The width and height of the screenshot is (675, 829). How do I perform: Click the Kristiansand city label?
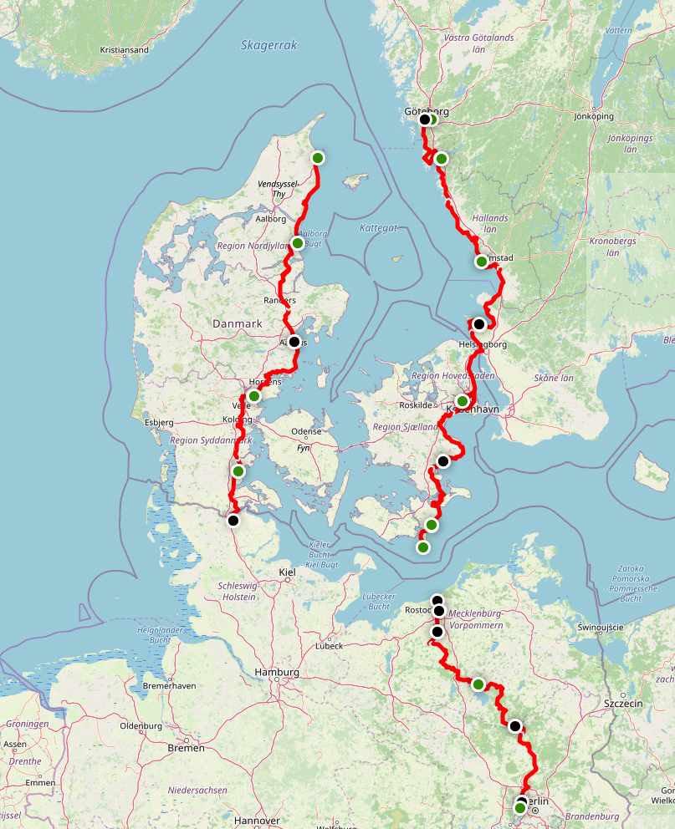point(124,50)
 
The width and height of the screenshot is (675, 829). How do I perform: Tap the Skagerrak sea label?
point(268,45)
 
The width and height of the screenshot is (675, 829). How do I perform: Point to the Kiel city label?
point(287,572)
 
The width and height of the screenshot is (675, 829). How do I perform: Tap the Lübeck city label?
point(329,646)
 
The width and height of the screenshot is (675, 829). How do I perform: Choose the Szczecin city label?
point(623,704)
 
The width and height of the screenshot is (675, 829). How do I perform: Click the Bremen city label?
point(186,748)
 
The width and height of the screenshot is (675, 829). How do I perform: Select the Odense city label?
point(305,431)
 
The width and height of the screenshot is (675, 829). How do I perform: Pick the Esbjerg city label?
point(159,422)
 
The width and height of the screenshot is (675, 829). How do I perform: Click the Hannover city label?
point(257,821)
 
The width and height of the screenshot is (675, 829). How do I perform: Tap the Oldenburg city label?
point(141,725)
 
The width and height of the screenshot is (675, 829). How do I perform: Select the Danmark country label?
point(237,323)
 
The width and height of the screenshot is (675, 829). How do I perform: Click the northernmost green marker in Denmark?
point(318,157)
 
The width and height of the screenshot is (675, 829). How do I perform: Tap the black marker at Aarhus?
point(294,342)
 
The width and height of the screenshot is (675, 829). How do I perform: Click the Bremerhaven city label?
point(170,685)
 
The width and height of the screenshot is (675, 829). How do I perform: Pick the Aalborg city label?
point(270,219)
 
